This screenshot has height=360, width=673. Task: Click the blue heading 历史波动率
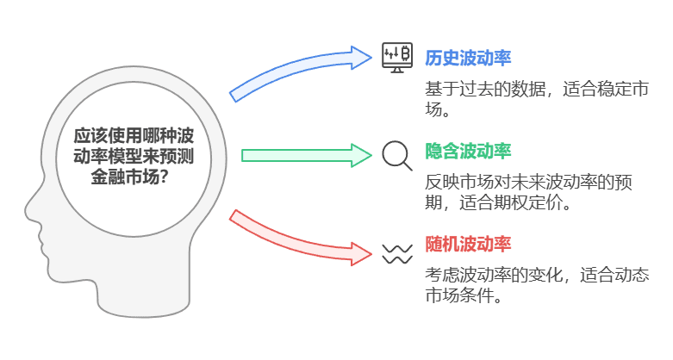tap(468, 58)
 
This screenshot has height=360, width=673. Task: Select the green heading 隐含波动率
tap(468, 151)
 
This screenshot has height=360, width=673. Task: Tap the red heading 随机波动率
tap(468, 244)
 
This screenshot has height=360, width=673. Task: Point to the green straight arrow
tap(307, 155)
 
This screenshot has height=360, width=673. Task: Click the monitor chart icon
tap(397, 58)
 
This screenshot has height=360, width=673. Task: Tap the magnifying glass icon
tap(397, 156)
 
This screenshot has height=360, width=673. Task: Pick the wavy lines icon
tap(397, 254)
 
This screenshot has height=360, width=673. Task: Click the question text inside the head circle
tap(134, 156)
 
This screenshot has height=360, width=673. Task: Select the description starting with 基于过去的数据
tap(537, 99)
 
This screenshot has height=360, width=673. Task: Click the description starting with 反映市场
tap(528, 192)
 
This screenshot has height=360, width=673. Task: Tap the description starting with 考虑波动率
tap(537, 285)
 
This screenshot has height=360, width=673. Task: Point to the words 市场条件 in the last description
tap(459, 295)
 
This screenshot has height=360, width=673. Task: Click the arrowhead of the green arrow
tap(361, 155)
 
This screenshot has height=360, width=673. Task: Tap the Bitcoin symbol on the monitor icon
tap(405, 54)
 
